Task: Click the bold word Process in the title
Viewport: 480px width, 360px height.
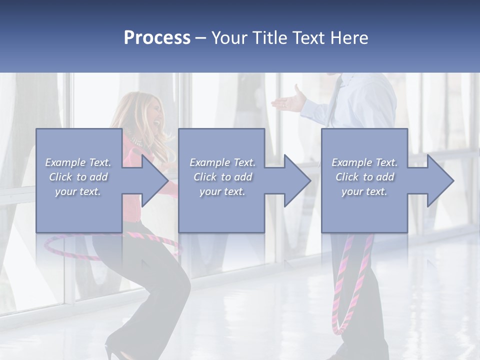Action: (157, 38)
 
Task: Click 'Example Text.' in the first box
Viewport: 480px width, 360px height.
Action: (78, 162)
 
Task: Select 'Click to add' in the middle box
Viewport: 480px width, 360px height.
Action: (222, 177)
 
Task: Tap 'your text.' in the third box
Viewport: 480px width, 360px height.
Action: (364, 191)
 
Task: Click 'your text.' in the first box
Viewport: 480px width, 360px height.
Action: (78, 191)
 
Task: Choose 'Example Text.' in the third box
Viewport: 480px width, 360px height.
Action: (364, 162)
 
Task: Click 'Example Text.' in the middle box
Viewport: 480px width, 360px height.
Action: (222, 162)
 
